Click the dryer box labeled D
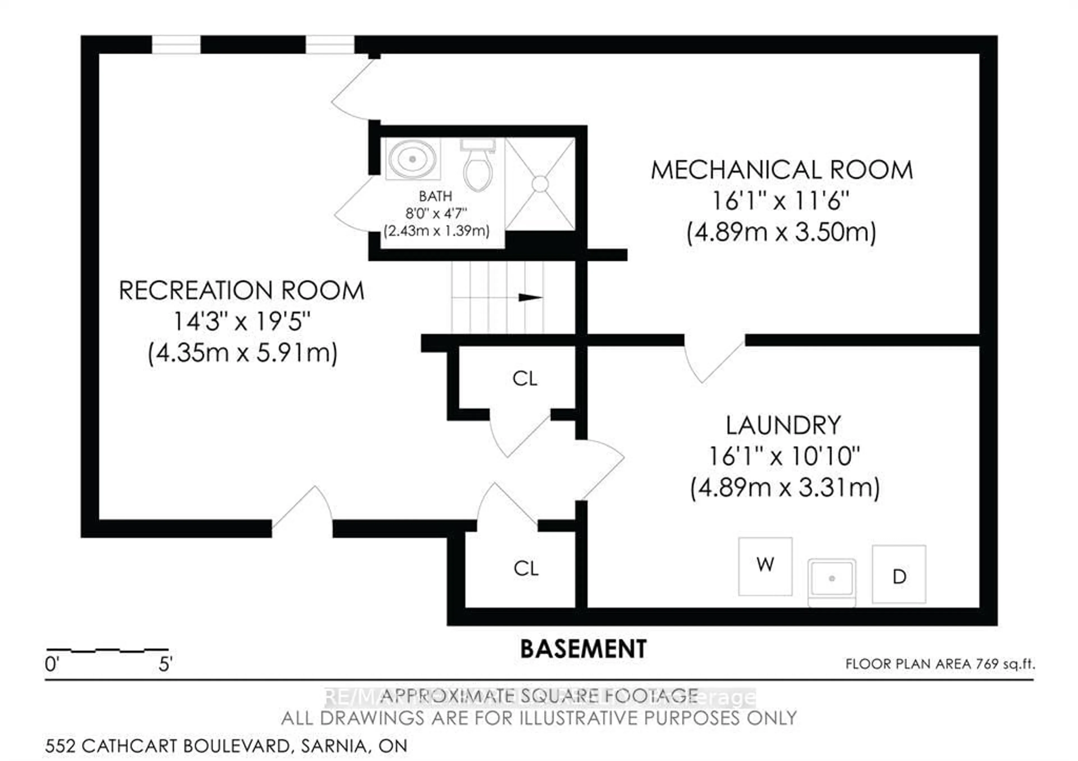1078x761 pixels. [x=899, y=574]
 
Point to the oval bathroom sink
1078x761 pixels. [x=412, y=159]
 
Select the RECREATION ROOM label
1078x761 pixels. [x=241, y=290]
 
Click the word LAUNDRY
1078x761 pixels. [x=783, y=425]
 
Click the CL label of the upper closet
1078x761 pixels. [x=524, y=378]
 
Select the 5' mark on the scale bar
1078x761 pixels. [x=165, y=664]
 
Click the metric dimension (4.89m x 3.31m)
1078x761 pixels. [x=785, y=488]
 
